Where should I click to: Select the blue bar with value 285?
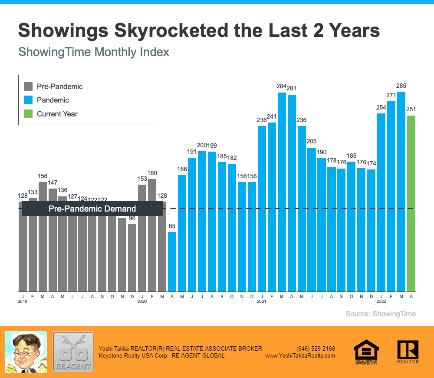coord(401,191)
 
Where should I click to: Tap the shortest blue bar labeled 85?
coord(172,262)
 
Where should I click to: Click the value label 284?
coord(282,86)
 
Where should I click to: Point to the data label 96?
coord(132,218)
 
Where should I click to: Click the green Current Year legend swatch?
coord(28,114)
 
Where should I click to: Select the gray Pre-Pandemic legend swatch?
coord(28,86)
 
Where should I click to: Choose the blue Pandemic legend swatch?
coord(28,100)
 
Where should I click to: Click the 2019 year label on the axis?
coord(23,301)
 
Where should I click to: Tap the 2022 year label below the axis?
coord(381,301)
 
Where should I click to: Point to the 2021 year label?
coord(261,301)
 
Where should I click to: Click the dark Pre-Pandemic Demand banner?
coord(92,209)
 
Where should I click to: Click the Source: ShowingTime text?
coord(380,314)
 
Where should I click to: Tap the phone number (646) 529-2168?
coord(316,348)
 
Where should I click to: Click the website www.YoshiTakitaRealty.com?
coord(300,355)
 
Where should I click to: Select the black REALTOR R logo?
coord(408,351)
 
